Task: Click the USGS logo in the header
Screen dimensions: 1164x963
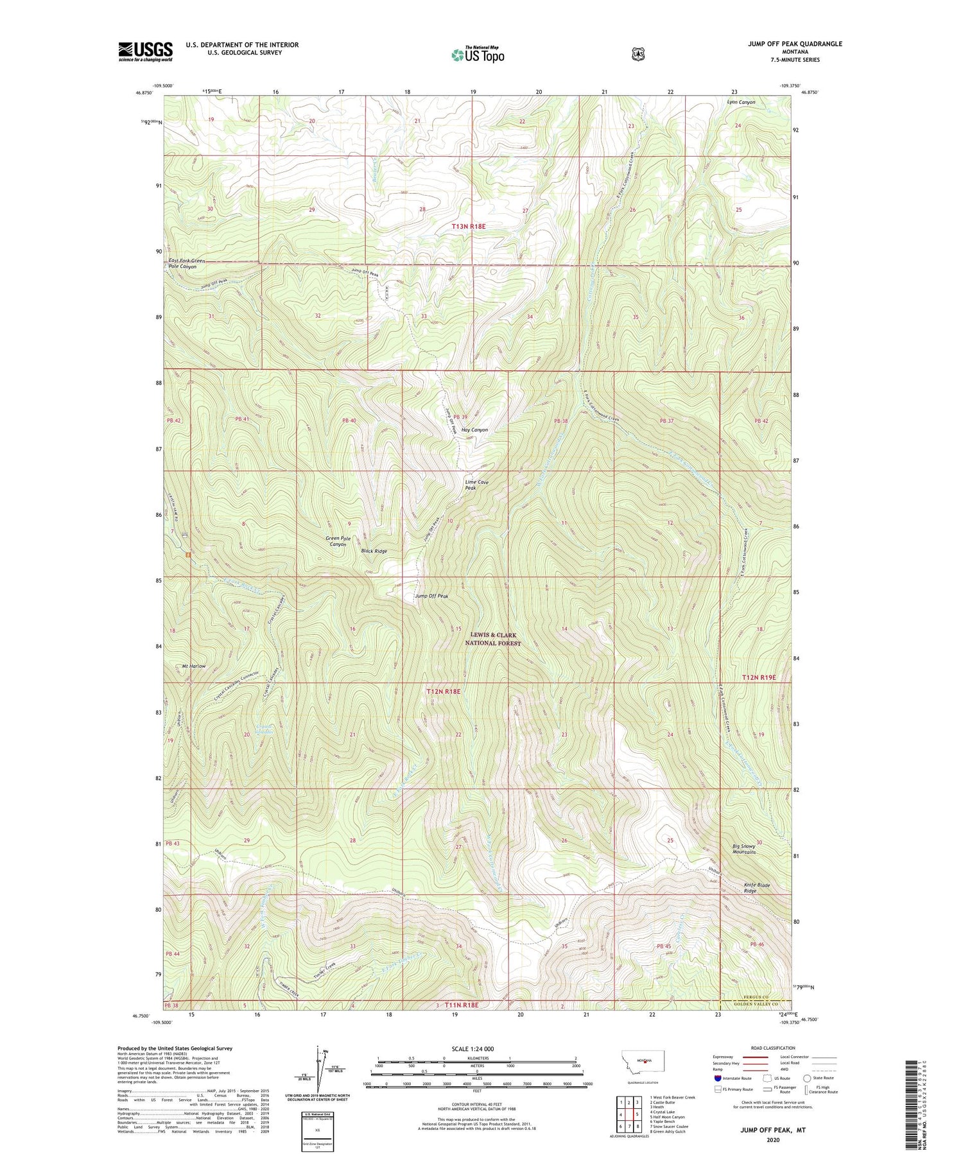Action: tap(145, 51)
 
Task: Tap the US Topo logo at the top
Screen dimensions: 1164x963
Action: tap(477, 55)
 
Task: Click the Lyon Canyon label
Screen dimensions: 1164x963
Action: tap(741, 102)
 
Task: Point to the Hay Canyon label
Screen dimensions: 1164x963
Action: tap(475, 430)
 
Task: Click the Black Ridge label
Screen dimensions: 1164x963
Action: tap(374, 551)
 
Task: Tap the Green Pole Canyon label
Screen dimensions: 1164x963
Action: tap(338, 541)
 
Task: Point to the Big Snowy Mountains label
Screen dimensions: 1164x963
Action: tap(744, 849)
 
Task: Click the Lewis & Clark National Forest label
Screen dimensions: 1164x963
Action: tap(493, 639)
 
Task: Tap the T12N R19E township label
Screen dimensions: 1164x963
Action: tap(759, 677)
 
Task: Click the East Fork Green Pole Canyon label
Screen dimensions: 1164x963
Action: tap(187, 263)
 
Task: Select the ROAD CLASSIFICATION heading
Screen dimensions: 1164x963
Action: tap(774, 1048)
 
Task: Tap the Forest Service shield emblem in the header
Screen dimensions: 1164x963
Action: tap(637, 55)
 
